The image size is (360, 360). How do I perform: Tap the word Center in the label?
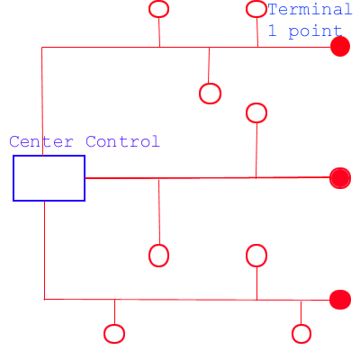pos(41,141)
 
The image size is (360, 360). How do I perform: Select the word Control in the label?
pos(122,141)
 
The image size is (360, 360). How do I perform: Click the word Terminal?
pos(310,9)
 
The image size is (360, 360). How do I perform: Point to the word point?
pos(315,31)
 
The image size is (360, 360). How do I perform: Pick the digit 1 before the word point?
pos(272,31)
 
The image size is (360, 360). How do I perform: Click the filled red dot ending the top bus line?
pos(340,47)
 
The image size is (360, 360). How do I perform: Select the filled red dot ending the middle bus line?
pos(340,178)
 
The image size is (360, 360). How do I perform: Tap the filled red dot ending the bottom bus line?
pos(340,300)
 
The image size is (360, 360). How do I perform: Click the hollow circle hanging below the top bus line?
pos(200,94)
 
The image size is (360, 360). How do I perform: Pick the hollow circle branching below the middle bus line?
pos(149,256)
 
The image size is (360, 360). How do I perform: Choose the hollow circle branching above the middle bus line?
pos(247,113)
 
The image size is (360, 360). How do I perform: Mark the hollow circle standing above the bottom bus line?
pos(247,256)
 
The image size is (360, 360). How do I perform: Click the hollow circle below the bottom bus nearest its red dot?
pos(292,334)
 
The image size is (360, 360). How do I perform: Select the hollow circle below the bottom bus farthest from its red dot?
pos(104,334)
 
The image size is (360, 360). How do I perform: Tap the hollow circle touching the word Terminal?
pos(247,9)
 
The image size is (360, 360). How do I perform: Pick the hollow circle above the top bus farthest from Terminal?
pos(149,9)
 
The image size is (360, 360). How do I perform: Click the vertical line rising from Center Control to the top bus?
pos(42,102)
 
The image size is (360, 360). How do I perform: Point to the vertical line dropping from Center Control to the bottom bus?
pos(45,250)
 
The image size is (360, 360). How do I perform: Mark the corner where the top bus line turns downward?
pos(41,47)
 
